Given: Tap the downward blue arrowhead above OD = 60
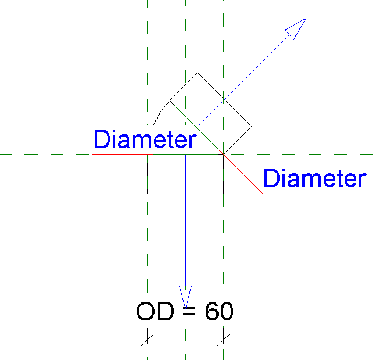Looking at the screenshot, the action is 185,294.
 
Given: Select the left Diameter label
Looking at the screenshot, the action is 144,140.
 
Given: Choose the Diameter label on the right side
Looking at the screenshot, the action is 314,179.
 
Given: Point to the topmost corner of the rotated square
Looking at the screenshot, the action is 198,73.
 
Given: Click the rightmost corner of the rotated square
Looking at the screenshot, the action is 251,126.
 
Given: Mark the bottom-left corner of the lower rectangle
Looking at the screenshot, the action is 148,194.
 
